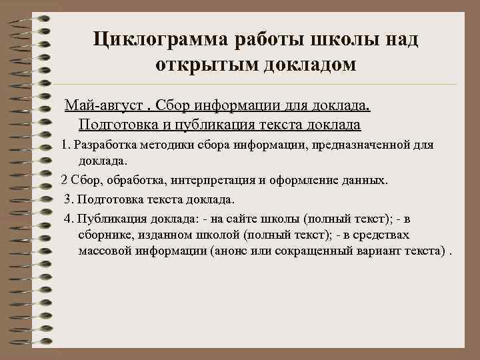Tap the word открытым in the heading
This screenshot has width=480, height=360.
[x=200, y=66]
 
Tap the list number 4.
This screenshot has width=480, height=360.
[x=68, y=218]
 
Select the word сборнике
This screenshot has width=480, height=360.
[x=105, y=235]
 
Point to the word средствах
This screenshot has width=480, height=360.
[x=379, y=235]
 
